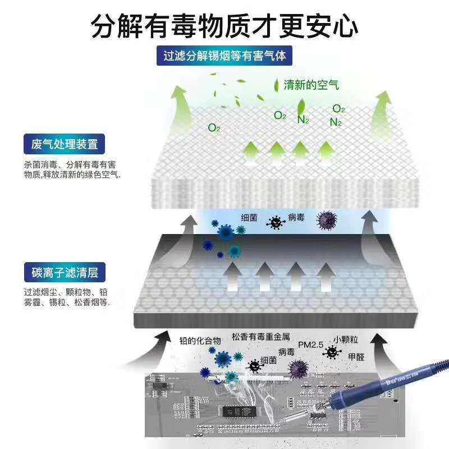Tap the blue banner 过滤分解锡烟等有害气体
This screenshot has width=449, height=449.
224,57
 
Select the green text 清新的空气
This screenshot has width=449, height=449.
311,85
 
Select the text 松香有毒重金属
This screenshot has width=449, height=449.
260,337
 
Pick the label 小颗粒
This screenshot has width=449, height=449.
345,339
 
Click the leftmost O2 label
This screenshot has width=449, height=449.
214,128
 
